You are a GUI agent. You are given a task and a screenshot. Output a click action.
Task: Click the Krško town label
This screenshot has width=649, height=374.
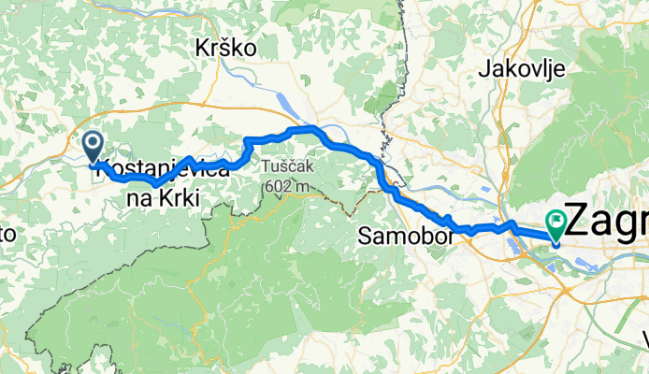click(x=225, y=47)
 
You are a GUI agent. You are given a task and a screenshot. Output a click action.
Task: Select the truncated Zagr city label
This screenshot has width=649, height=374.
click(x=608, y=223)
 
